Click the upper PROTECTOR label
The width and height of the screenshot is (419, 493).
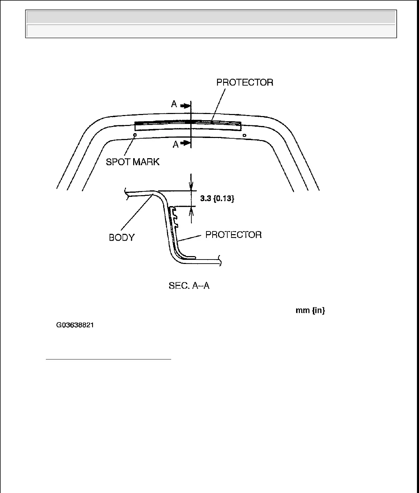point(245,83)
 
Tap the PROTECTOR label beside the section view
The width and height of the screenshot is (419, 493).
point(233,235)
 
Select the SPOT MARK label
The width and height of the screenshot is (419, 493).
point(132,162)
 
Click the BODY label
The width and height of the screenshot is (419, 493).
point(122,238)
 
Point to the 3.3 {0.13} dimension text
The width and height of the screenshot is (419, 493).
point(217,198)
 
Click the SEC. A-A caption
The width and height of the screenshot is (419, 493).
point(189,286)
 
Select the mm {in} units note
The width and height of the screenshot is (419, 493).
point(310,311)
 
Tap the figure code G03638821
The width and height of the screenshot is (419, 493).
point(75,325)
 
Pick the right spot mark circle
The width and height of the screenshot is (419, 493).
point(244,136)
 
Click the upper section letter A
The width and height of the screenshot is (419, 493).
point(174,104)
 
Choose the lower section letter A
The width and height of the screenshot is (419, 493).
point(176,145)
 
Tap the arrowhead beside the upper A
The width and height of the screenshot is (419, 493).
point(185,106)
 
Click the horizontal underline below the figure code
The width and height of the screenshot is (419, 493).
point(108,359)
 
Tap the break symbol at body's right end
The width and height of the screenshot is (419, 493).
point(220,261)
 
